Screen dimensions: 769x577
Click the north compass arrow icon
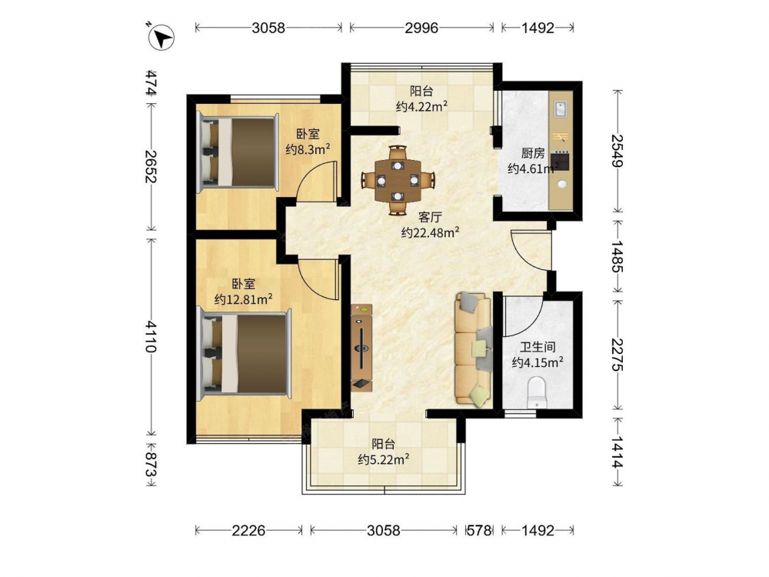(x=161, y=37)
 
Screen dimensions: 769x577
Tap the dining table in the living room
(x=398, y=181)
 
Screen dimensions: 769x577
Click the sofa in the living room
(x=474, y=349)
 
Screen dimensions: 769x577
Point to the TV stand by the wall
(x=361, y=348)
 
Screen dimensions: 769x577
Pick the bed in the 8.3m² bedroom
(x=238, y=152)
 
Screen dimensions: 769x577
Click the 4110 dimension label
(x=151, y=337)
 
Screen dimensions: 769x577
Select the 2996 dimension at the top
(x=421, y=28)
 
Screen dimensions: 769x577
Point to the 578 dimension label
(x=478, y=530)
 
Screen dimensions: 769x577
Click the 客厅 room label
(x=430, y=217)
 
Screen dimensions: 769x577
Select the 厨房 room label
(x=533, y=154)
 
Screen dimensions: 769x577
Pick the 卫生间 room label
(x=538, y=348)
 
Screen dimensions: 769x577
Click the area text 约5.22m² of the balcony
(x=384, y=460)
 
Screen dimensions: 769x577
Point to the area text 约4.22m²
(x=421, y=106)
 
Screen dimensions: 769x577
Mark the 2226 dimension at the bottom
(x=248, y=530)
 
